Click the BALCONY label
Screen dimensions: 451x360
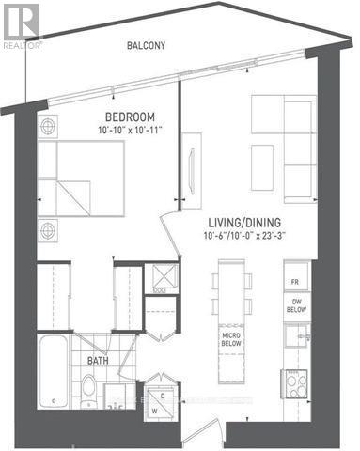click(x=146, y=45)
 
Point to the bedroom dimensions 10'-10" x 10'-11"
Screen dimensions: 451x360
click(x=137, y=133)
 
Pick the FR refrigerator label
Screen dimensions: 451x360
click(x=295, y=281)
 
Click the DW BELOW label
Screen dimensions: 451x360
click(x=295, y=304)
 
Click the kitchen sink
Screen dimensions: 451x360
click(x=296, y=335)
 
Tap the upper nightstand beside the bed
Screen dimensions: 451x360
click(x=48, y=125)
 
